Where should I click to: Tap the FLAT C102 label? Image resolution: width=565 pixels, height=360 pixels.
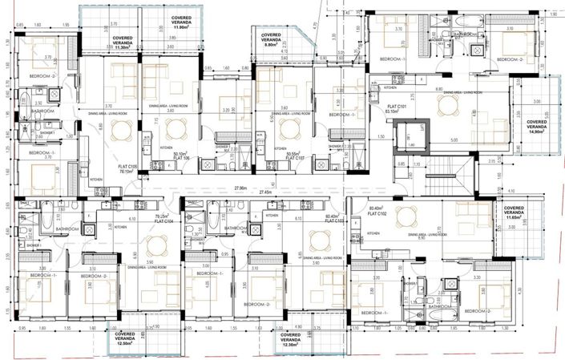(x=377, y=214)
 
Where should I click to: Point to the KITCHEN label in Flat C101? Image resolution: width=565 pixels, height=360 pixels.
(x=389, y=87)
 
